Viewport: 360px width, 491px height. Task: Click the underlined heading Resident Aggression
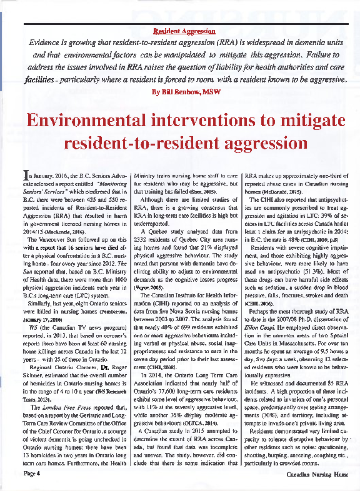tap(184, 31)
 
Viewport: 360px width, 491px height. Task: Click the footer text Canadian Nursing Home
tap(317, 474)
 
